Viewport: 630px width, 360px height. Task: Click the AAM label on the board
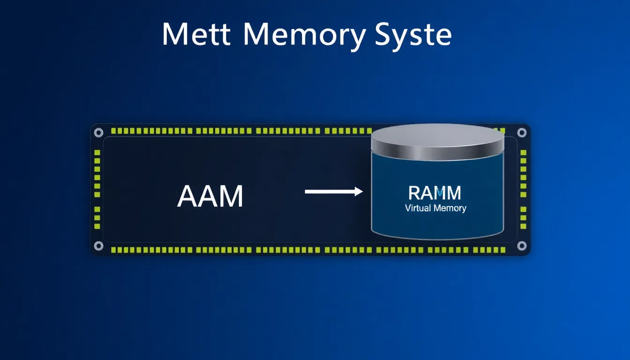coord(210,196)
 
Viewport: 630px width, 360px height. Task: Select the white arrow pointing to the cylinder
coord(333,191)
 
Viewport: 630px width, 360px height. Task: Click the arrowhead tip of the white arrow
coord(362,191)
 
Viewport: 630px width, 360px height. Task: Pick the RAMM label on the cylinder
coord(435,193)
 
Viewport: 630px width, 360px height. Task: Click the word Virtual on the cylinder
coord(418,208)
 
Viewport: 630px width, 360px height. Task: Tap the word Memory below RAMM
coord(450,208)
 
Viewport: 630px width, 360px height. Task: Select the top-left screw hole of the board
coord(98,133)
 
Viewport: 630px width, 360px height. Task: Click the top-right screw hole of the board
coord(521,133)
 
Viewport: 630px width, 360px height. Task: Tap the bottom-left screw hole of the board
coord(98,246)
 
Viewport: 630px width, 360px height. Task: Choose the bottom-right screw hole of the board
coord(521,246)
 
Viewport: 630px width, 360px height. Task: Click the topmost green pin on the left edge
coord(97,153)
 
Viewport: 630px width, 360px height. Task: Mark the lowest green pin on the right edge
coord(523,226)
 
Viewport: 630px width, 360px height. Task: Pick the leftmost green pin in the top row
coord(113,131)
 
